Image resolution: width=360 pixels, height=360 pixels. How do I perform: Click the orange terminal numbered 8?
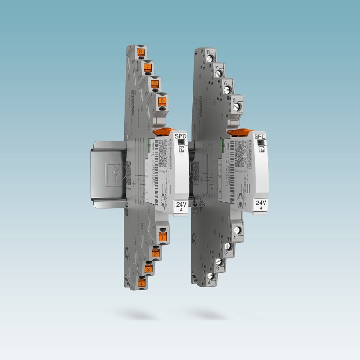pyautogui.click(x=141, y=52)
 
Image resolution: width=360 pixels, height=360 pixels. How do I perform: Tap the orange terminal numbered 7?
pyautogui.click(x=148, y=67)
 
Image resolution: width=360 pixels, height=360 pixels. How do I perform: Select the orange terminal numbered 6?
pyautogui.click(x=155, y=84)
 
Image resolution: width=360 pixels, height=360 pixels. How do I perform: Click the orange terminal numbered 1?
pyautogui.click(x=162, y=236)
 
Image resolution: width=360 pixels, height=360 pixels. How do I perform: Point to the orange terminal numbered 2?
pyautogui.click(x=155, y=254)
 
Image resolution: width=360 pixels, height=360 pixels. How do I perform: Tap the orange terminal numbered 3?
pyautogui.click(x=148, y=269)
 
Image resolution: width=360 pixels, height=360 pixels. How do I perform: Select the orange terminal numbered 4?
pyautogui.click(x=141, y=284)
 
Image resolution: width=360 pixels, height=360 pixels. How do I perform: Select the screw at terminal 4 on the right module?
pyautogui.click(x=210, y=276)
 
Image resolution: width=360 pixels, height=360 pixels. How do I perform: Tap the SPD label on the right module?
pyautogui.click(x=260, y=136)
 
